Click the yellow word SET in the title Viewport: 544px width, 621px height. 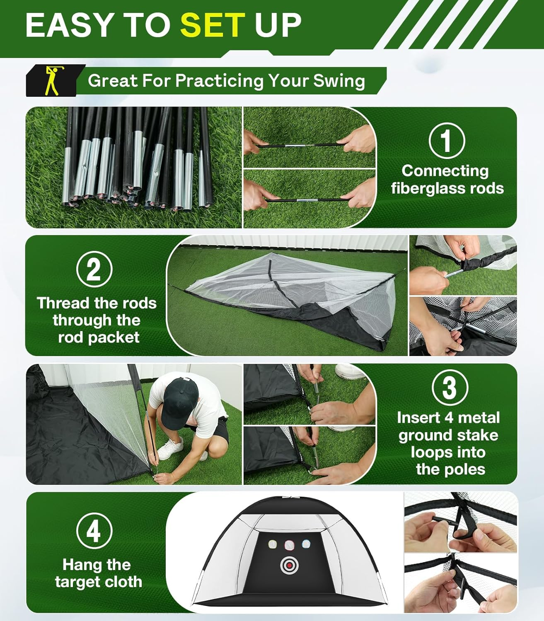pyautogui.click(x=213, y=24)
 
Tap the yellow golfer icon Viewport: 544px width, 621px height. pyautogui.click(x=51, y=80)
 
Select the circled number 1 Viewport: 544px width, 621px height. pyautogui.click(x=447, y=141)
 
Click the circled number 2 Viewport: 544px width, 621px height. pyautogui.click(x=94, y=270)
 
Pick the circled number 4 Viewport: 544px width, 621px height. pyautogui.click(x=94, y=531)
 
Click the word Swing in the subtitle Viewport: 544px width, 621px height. pyautogui.click(x=339, y=80)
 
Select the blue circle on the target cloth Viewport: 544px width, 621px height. pyautogui.click(x=306, y=544)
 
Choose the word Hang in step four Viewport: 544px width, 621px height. pyautogui.click(x=78, y=565)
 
